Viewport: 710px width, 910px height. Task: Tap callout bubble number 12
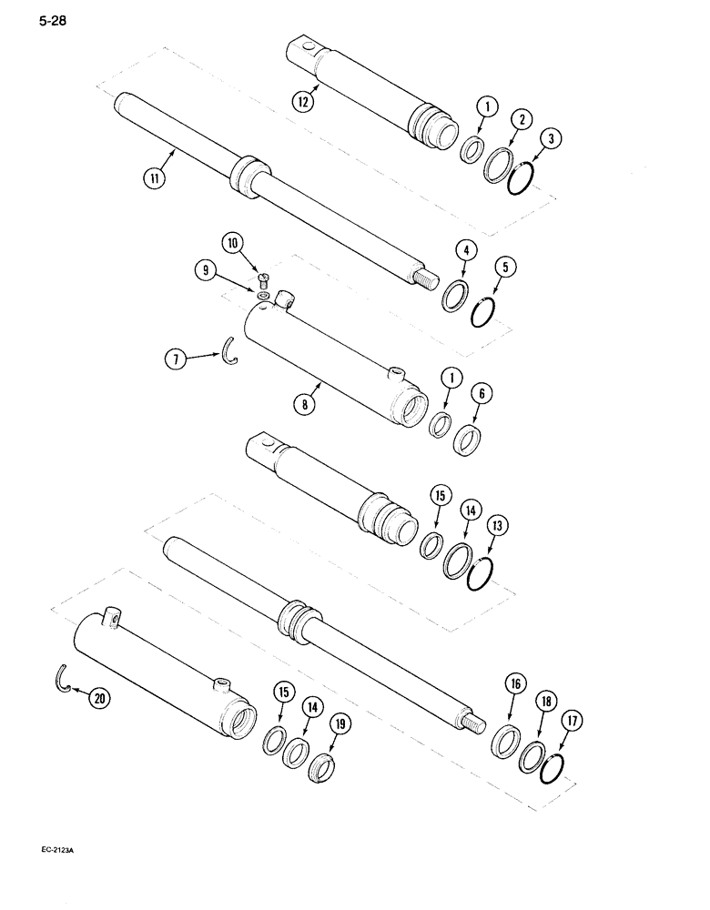coord(303,102)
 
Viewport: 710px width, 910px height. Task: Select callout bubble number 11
coord(157,178)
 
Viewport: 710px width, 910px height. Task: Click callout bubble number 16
coord(513,682)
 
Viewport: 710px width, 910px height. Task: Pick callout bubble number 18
coord(548,704)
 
